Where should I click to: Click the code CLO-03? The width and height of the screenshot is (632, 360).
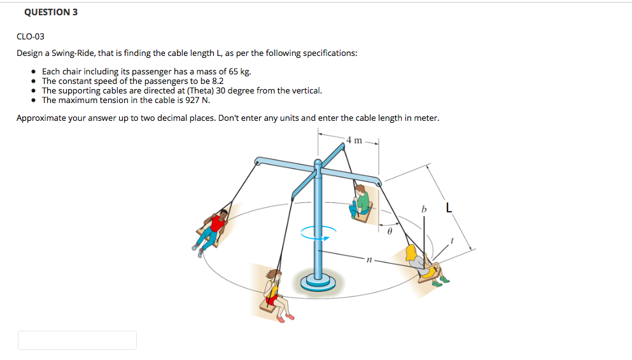(x=31, y=36)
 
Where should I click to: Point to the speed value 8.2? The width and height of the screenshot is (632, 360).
(x=217, y=81)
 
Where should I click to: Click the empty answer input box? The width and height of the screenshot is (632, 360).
(x=77, y=340)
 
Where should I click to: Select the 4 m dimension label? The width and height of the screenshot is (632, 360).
(x=355, y=140)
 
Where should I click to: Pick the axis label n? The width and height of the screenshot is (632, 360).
(x=368, y=260)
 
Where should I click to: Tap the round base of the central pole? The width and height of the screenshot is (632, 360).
(x=318, y=280)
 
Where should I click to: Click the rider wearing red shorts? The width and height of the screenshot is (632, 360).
(x=274, y=293)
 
